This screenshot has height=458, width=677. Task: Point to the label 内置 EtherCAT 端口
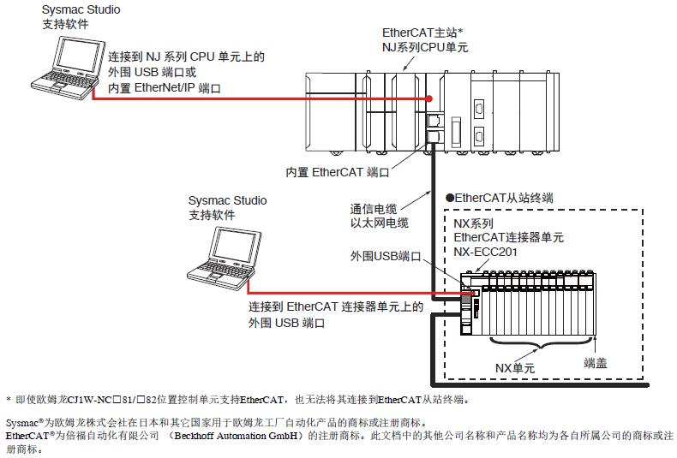click(338, 172)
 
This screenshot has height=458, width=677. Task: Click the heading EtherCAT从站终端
click(505, 197)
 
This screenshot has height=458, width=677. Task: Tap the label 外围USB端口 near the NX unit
click(386, 256)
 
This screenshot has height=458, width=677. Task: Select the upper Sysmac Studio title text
click(81, 10)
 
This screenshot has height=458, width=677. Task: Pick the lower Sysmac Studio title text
click(227, 200)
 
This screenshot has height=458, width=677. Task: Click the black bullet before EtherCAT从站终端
click(449, 197)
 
